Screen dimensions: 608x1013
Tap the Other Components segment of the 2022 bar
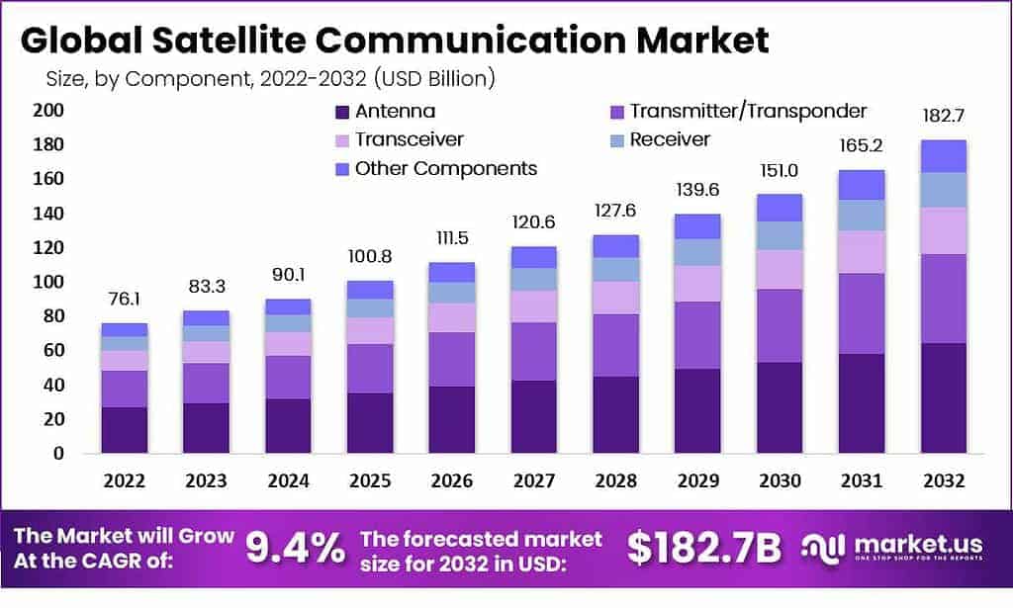(125, 329)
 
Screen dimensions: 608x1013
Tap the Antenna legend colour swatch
(342, 112)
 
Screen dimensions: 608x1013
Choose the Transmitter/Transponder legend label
(748, 111)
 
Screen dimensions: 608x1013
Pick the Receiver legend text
(670, 139)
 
